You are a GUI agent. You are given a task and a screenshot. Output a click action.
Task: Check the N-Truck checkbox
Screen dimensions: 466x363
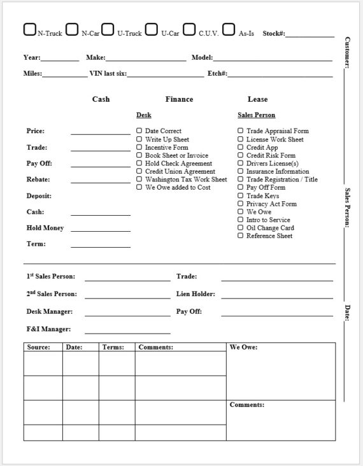(29, 29)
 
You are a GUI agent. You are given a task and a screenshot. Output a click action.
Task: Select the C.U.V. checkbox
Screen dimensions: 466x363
(189, 29)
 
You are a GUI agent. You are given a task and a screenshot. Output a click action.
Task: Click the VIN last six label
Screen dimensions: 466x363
(108, 74)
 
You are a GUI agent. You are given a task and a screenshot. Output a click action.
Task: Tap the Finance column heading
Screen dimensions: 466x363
(179, 99)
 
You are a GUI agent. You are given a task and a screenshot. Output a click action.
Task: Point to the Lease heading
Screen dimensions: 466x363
(257, 99)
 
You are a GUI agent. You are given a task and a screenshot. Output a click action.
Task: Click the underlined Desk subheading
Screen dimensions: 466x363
(144, 115)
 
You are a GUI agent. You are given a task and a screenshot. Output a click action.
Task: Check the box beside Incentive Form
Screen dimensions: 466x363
(139, 147)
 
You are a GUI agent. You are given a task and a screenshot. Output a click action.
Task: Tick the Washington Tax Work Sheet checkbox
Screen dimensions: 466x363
(139, 180)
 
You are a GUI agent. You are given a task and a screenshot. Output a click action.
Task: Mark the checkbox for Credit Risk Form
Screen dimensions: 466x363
(241, 155)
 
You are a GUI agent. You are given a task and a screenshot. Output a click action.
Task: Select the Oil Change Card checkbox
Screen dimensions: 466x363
(241, 228)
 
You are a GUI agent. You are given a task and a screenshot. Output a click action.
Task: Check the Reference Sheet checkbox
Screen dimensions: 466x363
(241, 236)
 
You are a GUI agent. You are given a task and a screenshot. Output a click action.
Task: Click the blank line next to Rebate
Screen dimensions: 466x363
(100, 182)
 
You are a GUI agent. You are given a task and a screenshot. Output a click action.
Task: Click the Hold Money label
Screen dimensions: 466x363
(45, 228)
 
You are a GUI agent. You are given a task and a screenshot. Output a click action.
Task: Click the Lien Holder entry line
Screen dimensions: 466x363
(276, 297)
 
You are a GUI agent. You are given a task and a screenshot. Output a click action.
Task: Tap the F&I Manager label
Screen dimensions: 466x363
(48, 329)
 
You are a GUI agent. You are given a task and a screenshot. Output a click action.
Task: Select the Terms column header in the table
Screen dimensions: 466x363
(113, 348)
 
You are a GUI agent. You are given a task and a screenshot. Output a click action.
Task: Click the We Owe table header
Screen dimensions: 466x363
(243, 348)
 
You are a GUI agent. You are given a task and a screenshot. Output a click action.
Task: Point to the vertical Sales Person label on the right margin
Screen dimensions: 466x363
(347, 207)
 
